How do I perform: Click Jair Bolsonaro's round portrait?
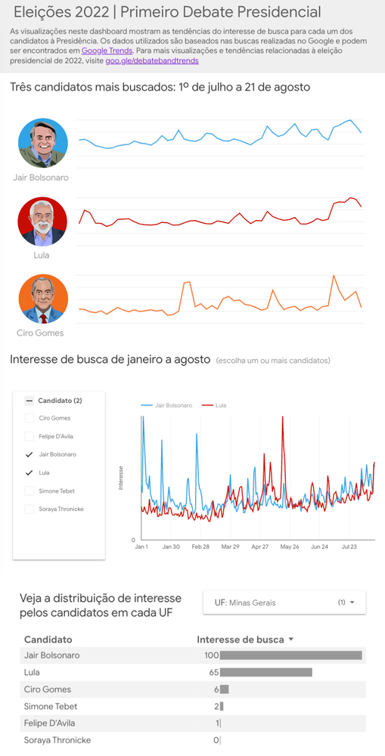(x=43, y=143)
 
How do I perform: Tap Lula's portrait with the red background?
(x=42, y=221)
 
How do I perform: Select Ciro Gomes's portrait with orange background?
(x=43, y=299)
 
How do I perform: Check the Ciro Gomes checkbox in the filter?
(x=29, y=418)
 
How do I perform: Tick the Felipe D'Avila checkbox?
(x=29, y=436)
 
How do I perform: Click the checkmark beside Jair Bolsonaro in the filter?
(x=29, y=454)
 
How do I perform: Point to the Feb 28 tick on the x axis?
(x=200, y=546)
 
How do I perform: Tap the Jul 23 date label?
(x=349, y=546)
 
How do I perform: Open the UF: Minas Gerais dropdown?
(x=284, y=603)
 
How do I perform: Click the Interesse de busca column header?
(x=241, y=640)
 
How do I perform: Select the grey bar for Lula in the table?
(x=265, y=672)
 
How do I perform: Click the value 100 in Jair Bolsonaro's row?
(x=211, y=655)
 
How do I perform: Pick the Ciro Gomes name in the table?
(x=47, y=689)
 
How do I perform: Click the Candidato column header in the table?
(x=48, y=640)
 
